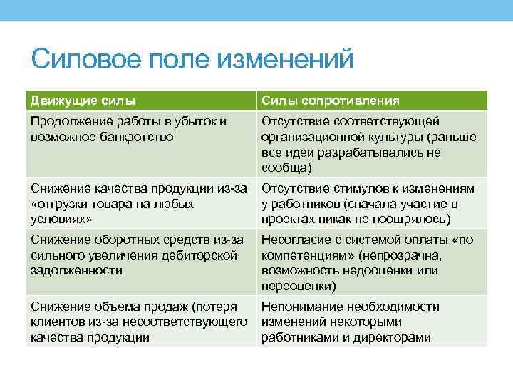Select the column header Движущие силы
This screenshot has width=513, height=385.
(83, 101)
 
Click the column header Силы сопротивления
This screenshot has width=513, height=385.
(331, 101)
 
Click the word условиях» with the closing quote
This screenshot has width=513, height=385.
(61, 220)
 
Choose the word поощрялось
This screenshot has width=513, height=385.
(413, 220)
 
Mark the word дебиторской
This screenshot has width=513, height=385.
(202, 255)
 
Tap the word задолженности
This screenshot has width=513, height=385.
(76, 271)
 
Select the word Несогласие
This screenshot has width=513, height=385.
(295, 240)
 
